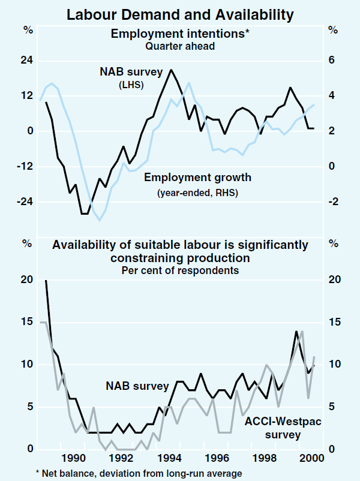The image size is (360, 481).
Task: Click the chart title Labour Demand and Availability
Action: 180,13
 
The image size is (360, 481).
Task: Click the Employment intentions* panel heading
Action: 180,34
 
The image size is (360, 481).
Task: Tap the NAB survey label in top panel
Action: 131,73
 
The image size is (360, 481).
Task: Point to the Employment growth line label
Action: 197,178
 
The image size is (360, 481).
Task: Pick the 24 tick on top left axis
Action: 26,61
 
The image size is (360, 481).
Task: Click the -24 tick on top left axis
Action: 25,202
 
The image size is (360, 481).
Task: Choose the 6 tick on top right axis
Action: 331,61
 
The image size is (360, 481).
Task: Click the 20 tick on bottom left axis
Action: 26,280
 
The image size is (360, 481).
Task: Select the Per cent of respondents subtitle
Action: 180,270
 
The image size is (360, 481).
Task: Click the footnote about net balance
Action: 142,473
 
